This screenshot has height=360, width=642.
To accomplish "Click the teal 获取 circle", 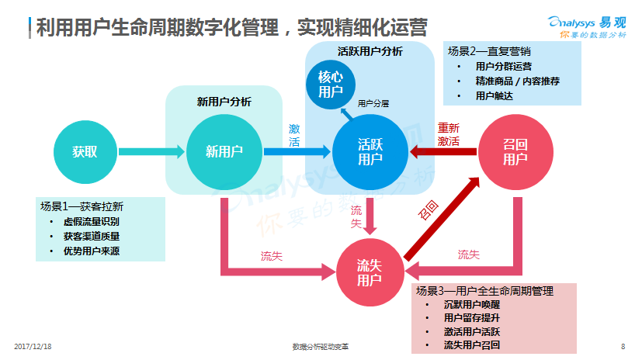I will tap(85, 151).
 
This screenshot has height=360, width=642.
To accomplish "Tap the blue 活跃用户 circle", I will tap(370, 151).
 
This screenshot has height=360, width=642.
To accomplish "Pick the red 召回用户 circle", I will tap(515, 151).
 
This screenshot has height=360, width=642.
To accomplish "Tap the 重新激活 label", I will tap(448, 134).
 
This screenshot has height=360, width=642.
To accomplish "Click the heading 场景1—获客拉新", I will tap(82, 206).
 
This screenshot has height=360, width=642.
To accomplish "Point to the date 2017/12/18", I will tap(33, 346).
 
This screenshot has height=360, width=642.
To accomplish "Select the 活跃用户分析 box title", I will tap(370, 51).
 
